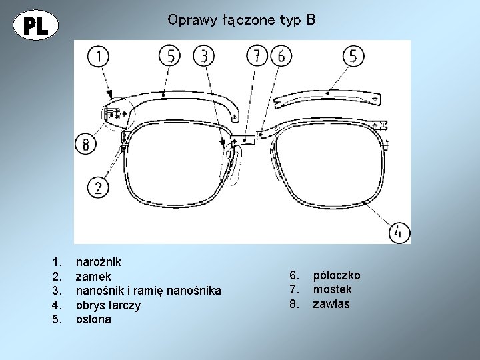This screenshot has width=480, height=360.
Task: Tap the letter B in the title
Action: pos(311,20)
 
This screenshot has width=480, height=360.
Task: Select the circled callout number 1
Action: pos(99,56)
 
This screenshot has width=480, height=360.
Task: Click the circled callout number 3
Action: pos(203,56)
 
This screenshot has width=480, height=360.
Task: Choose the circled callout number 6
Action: pos(280,57)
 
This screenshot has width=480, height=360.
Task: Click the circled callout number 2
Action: pos(97,186)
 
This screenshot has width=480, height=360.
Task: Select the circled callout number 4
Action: pos(398,232)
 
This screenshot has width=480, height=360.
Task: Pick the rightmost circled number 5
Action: pos(353,57)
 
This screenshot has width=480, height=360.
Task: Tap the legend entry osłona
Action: pos(94,319)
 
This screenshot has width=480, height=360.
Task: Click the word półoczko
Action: pos(337,275)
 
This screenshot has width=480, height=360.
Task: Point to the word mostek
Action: pos(333,290)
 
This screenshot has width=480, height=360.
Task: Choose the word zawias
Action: pos(331,305)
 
